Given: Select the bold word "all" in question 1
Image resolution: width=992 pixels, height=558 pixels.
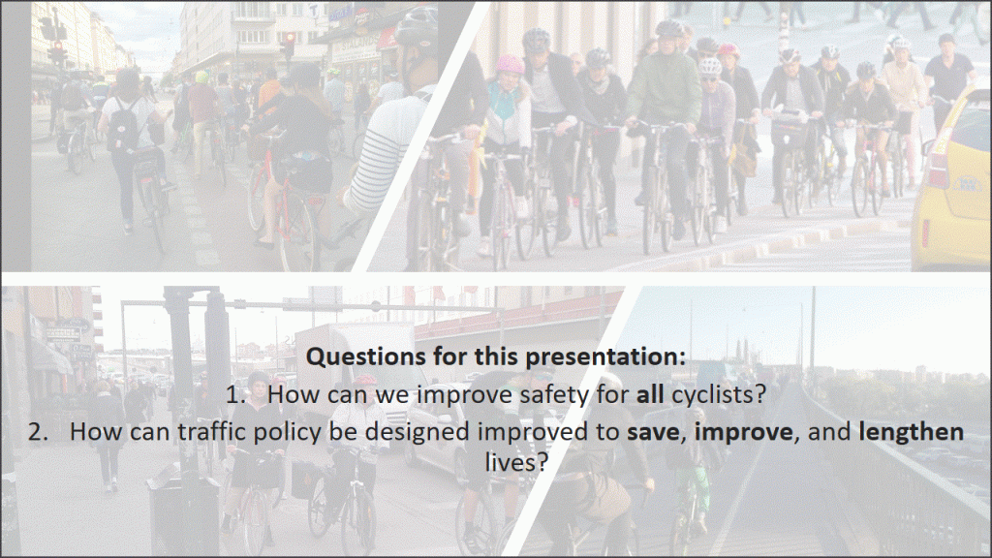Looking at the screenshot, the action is coord(650,394).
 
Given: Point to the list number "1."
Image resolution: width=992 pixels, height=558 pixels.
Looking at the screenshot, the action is coord(236,395).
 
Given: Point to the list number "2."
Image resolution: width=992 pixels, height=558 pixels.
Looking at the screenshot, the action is coord(38,432).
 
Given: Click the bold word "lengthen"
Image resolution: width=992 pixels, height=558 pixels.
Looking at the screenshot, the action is coord(911,432).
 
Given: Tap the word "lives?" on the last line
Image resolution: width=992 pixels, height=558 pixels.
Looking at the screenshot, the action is coord(516,462).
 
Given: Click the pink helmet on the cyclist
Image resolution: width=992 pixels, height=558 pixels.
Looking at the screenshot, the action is coord(510,65).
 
